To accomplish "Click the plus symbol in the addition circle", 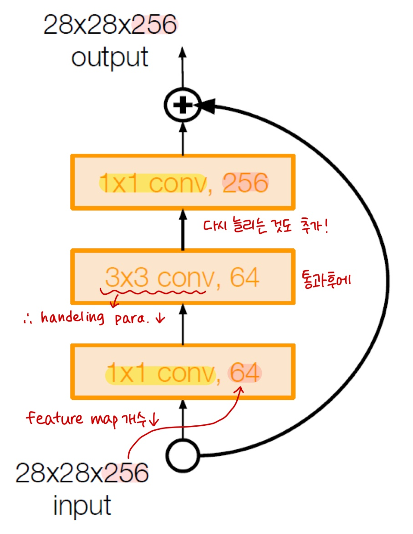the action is [183, 106].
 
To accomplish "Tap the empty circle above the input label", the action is [183, 455].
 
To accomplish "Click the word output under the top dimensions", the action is [110, 58].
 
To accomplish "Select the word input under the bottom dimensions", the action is [82, 506].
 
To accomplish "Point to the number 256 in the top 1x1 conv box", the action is [245, 184].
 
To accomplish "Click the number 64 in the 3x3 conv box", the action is [244, 277].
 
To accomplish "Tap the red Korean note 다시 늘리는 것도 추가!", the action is [265, 226].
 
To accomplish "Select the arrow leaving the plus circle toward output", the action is [183, 68].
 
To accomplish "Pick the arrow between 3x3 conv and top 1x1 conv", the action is [183, 230].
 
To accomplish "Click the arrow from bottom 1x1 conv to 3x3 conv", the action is [183, 324].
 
